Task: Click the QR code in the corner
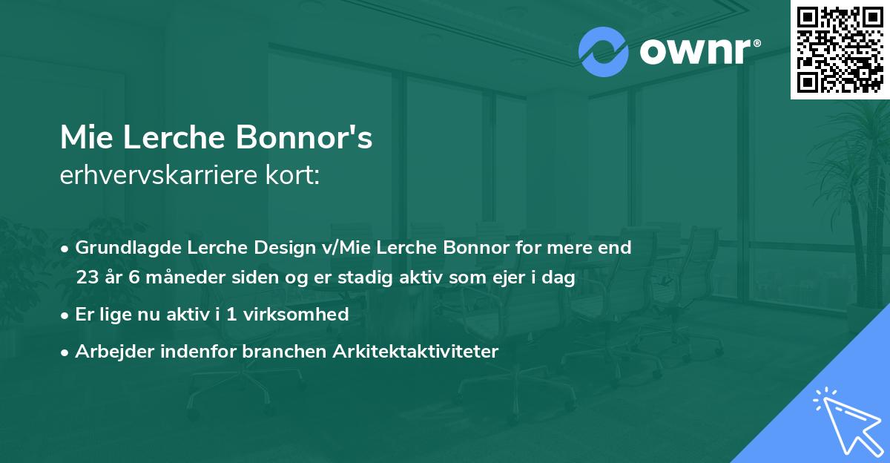click(x=840, y=49)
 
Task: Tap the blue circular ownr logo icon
click(x=604, y=52)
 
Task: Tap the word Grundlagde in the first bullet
click(x=122, y=248)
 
